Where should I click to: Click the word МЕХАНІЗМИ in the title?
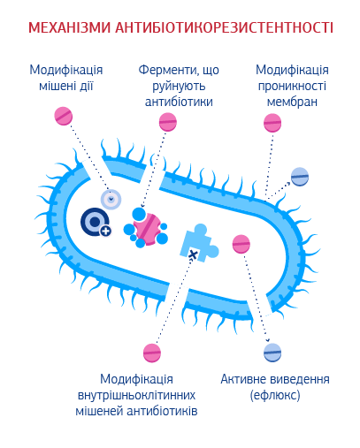point(69,27)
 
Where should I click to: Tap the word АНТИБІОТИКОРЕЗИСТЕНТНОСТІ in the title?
point(224,27)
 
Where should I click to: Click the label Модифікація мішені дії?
point(66,78)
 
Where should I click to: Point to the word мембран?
point(292,102)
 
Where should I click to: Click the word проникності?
point(292,87)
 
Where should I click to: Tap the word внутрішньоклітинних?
point(136,395)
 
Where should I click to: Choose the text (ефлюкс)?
point(275,395)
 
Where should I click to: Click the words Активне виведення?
point(275,379)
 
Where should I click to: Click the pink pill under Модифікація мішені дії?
point(64,116)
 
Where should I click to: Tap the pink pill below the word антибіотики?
point(168,122)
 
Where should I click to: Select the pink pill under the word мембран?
point(272,123)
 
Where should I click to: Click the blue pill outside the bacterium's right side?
point(300,177)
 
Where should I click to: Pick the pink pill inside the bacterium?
point(241,244)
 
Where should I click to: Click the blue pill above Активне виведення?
point(272,353)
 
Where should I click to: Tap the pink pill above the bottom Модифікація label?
point(152,353)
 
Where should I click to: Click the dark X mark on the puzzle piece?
point(193,254)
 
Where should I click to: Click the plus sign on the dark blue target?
point(105,232)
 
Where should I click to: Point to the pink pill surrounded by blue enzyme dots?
point(147,229)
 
